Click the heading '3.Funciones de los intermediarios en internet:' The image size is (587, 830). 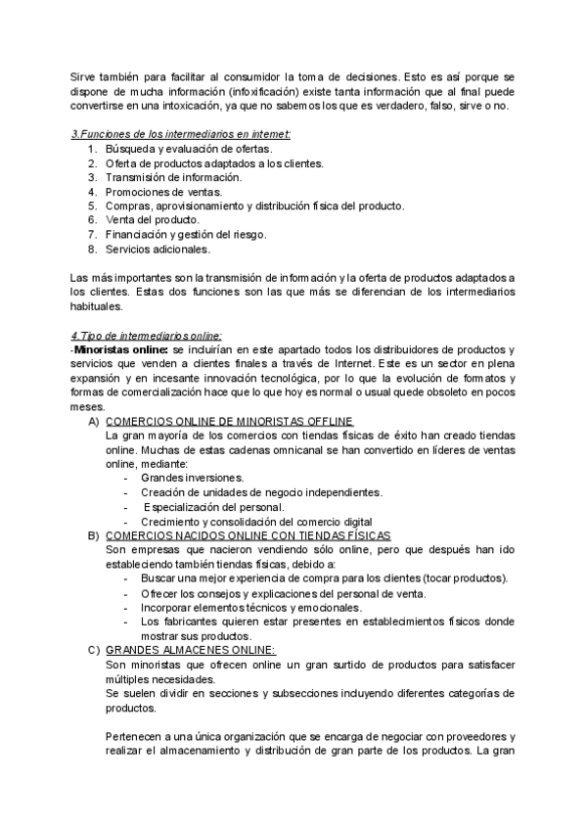click(181, 134)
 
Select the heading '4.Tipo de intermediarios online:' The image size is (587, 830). click(147, 336)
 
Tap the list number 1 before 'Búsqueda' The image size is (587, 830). click(91, 149)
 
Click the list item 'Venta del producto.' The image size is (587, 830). click(154, 220)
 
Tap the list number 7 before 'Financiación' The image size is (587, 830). click(91, 235)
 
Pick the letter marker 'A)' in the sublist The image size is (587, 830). click(94, 421)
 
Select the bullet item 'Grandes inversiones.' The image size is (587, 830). click(192, 478)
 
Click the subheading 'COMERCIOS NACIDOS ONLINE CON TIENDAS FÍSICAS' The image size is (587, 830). click(248, 535)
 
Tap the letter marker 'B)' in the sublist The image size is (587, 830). click(94, 535)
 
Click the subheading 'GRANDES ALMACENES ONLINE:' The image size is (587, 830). click(191, 651)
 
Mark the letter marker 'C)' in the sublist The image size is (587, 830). click(94, 651)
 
